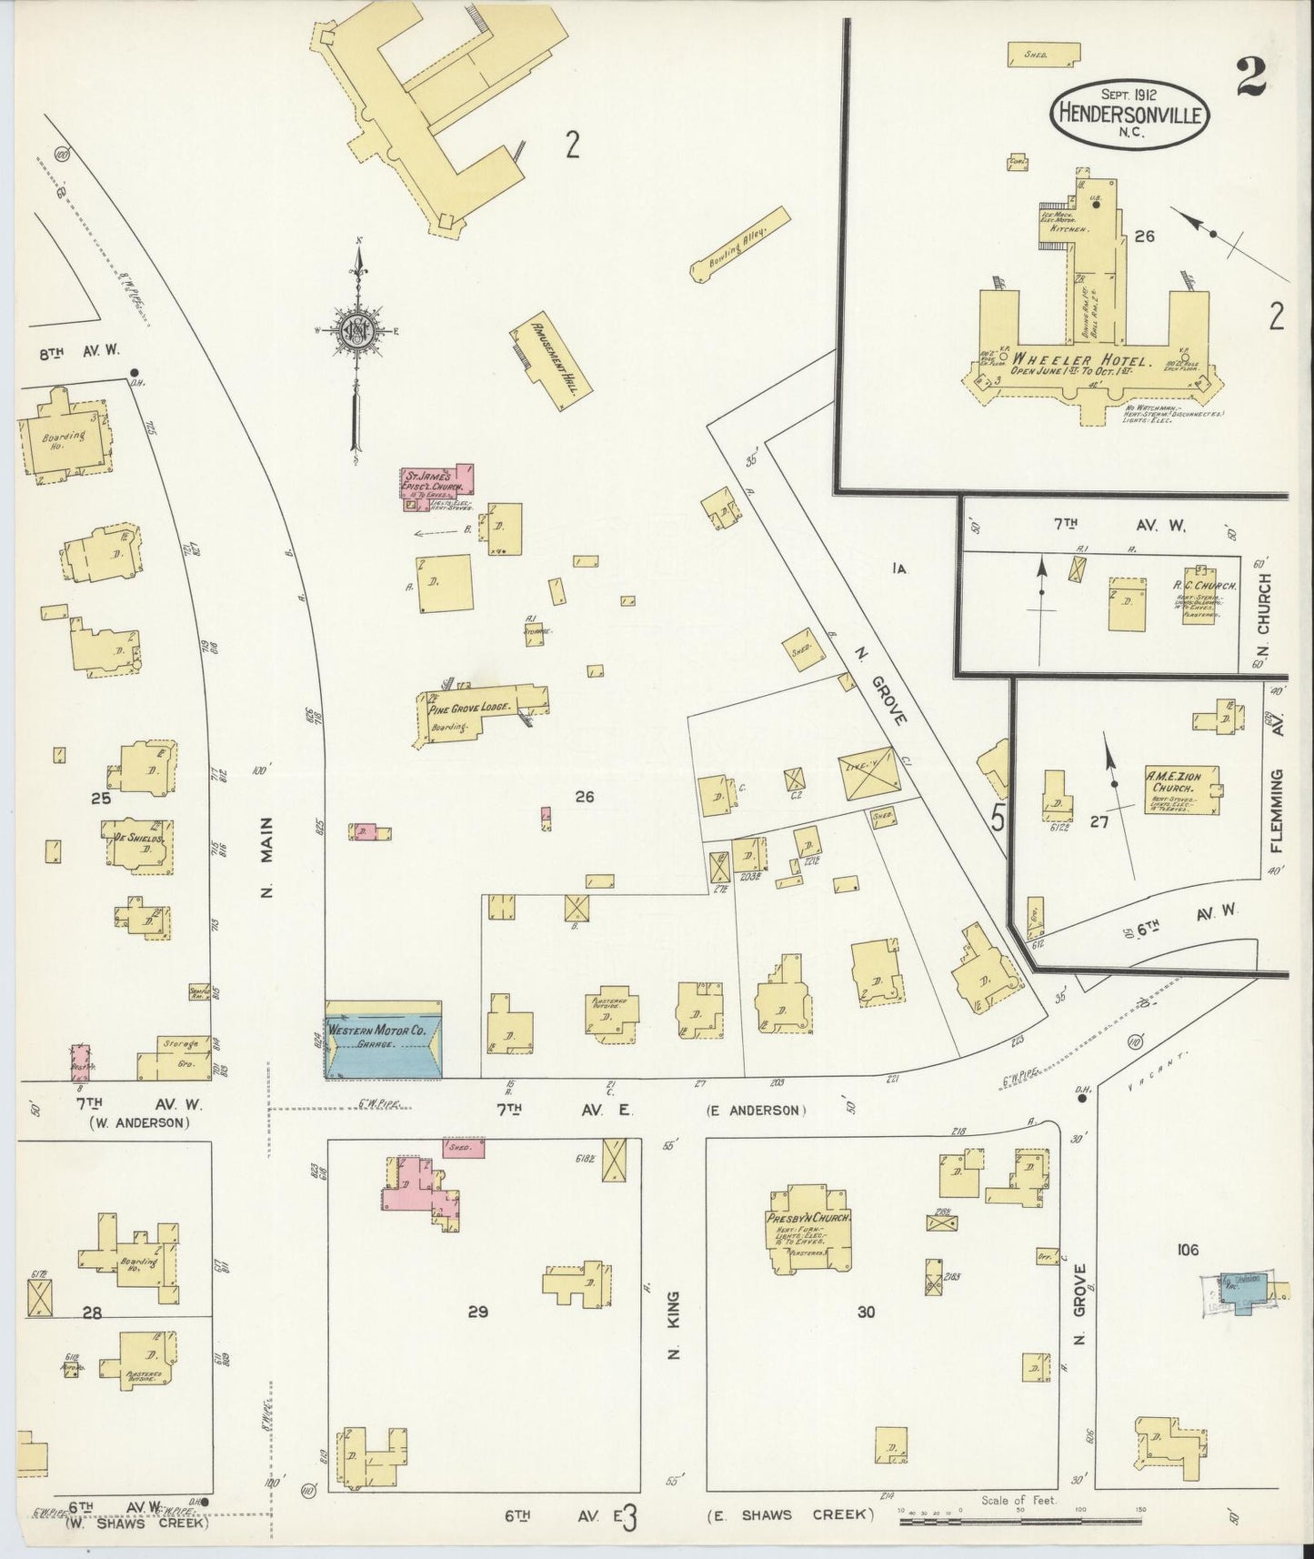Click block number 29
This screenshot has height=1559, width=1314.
click(478, 1311)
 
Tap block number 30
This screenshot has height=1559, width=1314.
click(866, 1312)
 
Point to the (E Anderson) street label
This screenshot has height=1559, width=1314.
click(755, 1110)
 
